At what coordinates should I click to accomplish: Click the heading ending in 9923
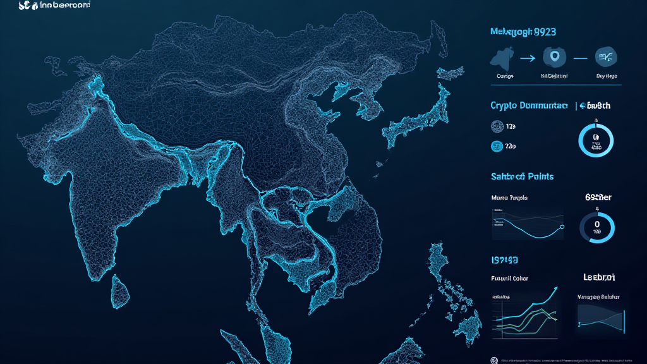(x=523, y=31)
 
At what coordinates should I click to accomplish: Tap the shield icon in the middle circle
(x=555, y=58)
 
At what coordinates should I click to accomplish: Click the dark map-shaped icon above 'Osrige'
(x=502, y=59)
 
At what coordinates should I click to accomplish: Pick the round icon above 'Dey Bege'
(x=607, y=58)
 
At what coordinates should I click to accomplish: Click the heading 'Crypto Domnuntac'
(x=529, y=106)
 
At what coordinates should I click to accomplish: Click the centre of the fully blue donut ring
(x=596, y=139)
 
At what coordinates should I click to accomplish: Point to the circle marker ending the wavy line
(x=561, y=227)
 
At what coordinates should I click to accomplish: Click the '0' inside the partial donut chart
(x=596, y=223)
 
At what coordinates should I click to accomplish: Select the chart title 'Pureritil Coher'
(x=509, y=278)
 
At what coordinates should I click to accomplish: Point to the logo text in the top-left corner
(x=54, y=6)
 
